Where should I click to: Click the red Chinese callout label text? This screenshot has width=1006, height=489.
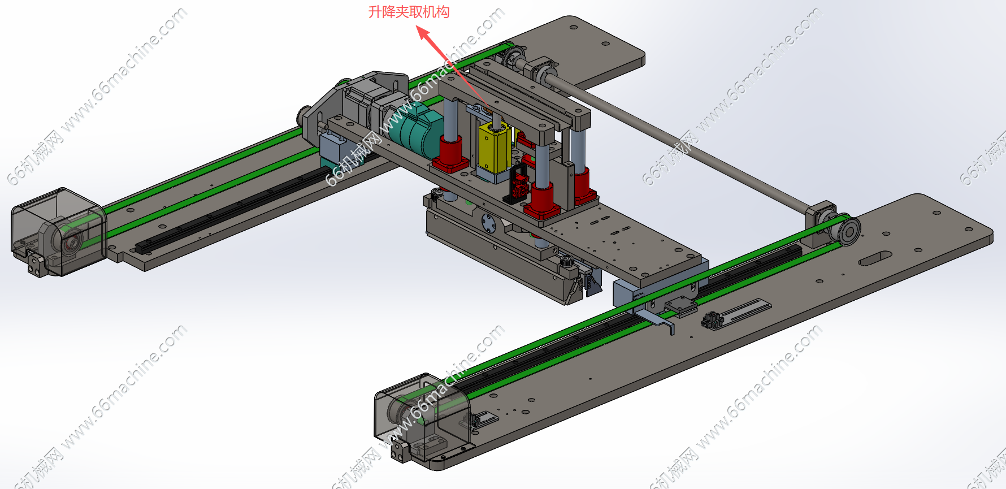(409, 12)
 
